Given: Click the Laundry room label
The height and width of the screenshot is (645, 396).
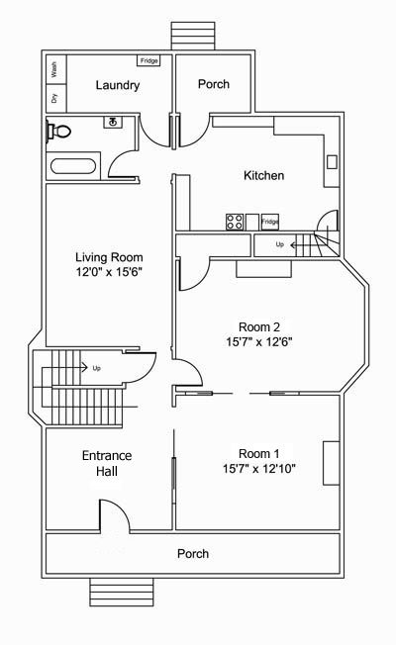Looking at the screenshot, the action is pos(118,85).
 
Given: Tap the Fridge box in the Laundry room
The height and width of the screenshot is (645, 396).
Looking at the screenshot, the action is pos(148,61).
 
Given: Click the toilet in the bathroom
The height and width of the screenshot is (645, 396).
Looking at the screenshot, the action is pos(58,132).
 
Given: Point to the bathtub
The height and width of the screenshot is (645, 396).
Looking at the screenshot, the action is pos(73,166).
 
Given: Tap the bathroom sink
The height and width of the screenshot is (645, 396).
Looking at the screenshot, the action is pos(113,122).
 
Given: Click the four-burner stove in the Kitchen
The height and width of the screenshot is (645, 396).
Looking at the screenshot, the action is pos(235,222).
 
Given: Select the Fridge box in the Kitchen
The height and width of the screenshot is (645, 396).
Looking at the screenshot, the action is pos(270,222).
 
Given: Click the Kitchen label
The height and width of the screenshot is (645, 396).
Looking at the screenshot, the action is pos(264,176).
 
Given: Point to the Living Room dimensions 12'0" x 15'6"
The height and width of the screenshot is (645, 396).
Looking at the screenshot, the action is pos(109,272).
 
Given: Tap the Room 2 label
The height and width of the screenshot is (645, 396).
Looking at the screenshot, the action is pos(259,327).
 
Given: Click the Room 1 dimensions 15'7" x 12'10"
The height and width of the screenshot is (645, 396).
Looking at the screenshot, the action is pos(259,469).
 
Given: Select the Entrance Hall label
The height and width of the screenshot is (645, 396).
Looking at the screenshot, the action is pos(107,463).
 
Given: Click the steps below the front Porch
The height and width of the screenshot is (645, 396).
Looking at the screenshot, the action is pos(122,592).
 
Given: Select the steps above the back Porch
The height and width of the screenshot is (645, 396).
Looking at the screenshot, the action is pos(193,37).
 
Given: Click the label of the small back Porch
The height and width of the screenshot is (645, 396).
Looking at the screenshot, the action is pos(214,84).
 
